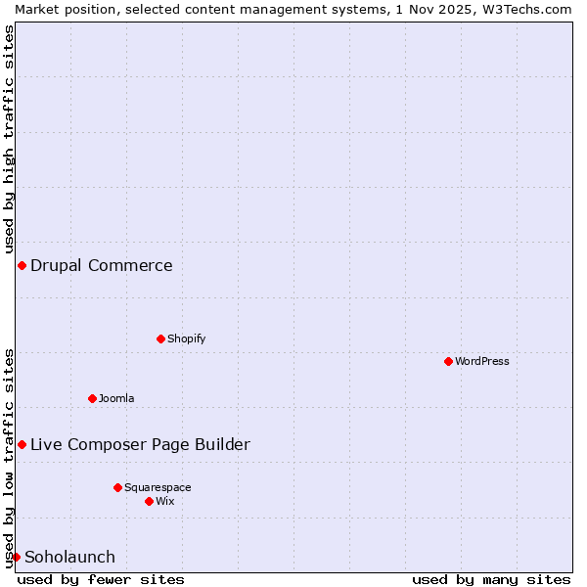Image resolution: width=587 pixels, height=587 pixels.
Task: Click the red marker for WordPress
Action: (448, 361)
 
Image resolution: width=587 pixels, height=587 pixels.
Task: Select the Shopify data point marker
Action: (160, 339)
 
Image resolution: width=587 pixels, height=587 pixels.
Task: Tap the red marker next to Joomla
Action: (92, 398)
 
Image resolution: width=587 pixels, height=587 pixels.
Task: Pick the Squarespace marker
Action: (117, 487)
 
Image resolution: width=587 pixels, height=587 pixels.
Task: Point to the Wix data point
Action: (149, 501)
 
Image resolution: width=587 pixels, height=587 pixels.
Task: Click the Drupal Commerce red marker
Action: (22, 265)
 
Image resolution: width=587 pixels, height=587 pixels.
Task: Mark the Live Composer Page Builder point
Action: (22, 444)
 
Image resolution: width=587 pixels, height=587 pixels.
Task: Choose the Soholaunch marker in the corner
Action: (16, 557)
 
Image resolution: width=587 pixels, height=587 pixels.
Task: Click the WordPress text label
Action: (482, 361)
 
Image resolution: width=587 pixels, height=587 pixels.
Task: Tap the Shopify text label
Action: (186, 339)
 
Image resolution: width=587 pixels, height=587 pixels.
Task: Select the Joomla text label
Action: (116, 398)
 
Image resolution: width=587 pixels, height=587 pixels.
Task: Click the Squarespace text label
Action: (158, 487)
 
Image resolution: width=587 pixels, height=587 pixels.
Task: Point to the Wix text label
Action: (164, 501)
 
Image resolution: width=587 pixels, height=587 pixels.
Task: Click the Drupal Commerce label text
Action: (102, 265)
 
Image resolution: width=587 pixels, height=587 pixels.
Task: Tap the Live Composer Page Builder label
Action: (140, 444)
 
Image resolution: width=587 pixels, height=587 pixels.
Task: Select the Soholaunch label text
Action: (69, 557)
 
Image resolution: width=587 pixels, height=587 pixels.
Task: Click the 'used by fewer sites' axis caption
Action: (101, 579)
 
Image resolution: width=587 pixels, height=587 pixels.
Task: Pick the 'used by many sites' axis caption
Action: (491, 579)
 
